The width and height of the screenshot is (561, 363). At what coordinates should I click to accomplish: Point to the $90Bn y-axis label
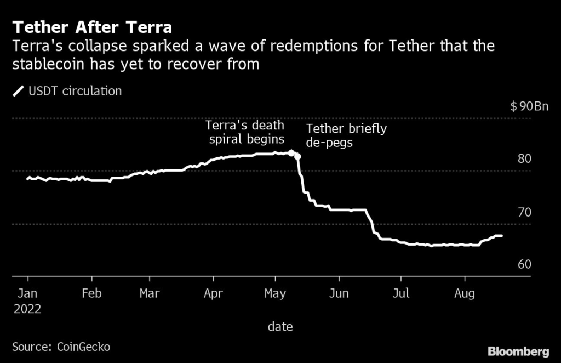pyautogui.click(x=529, y=106)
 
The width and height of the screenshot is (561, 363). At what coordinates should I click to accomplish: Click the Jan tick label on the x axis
pyautogui.click(x=28, y=293)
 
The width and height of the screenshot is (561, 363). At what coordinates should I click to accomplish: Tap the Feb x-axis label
pyautogui.click(x=91, y=293)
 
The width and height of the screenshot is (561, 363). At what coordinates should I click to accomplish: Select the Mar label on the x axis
pyautogui.click(x=150, y=293)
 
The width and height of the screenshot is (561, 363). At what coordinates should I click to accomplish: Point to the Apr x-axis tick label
pyautogui.click(x=213, y=293)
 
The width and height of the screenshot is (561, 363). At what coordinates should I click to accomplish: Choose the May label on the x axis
pyautogui.click(x=275, y=293)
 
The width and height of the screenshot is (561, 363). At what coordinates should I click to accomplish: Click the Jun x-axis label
pyautogui.click(x=339, y=293)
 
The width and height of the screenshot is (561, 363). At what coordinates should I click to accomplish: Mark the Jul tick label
pyautogui.click(x=401, y=293)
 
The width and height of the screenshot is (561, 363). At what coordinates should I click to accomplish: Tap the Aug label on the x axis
pyautogui.click(x=465, y=293)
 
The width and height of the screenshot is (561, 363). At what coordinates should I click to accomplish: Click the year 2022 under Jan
pyautogui.click(x=28, y=309)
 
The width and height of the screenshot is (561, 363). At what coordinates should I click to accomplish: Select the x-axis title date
pyautogui.click(x=280, y=327)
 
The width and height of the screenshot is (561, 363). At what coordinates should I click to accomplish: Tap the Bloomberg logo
pyautogui.click(x=518, y=350)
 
